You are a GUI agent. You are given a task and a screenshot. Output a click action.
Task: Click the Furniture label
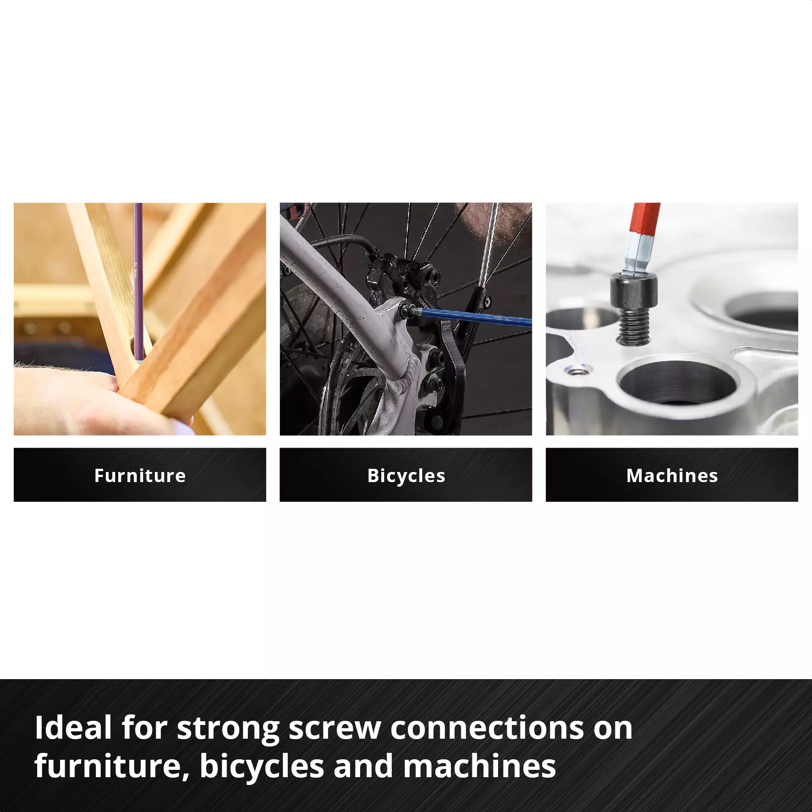pos(140,475)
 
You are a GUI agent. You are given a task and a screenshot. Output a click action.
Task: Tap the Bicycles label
pos(406,475)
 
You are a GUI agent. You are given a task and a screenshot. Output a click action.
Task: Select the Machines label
pos(672,475)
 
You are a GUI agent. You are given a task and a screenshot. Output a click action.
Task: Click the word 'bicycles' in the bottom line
pos(262,766)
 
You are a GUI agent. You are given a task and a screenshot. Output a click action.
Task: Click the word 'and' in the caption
pos(363,766)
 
